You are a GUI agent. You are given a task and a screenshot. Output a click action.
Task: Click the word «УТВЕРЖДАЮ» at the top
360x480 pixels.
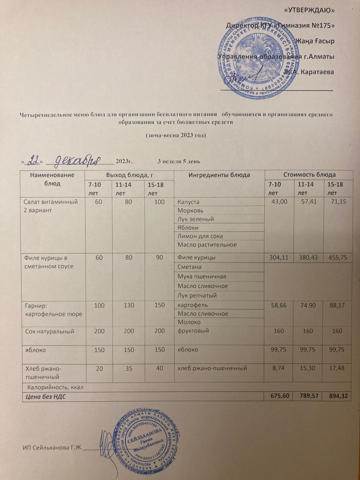click(309, 10)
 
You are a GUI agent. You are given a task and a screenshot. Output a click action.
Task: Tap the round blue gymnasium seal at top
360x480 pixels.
click(254, 57)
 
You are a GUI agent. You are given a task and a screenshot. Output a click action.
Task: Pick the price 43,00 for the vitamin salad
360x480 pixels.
click(279, 202)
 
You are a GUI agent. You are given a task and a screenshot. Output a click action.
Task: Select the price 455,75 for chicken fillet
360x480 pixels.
click(337, 257)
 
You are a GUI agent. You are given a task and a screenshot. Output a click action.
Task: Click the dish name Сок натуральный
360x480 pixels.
click(49, 331)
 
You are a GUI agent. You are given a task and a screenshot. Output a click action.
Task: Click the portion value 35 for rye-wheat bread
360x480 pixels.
click(129, 368)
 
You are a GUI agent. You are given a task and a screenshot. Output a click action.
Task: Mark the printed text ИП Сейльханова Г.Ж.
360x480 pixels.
click(52, 448)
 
